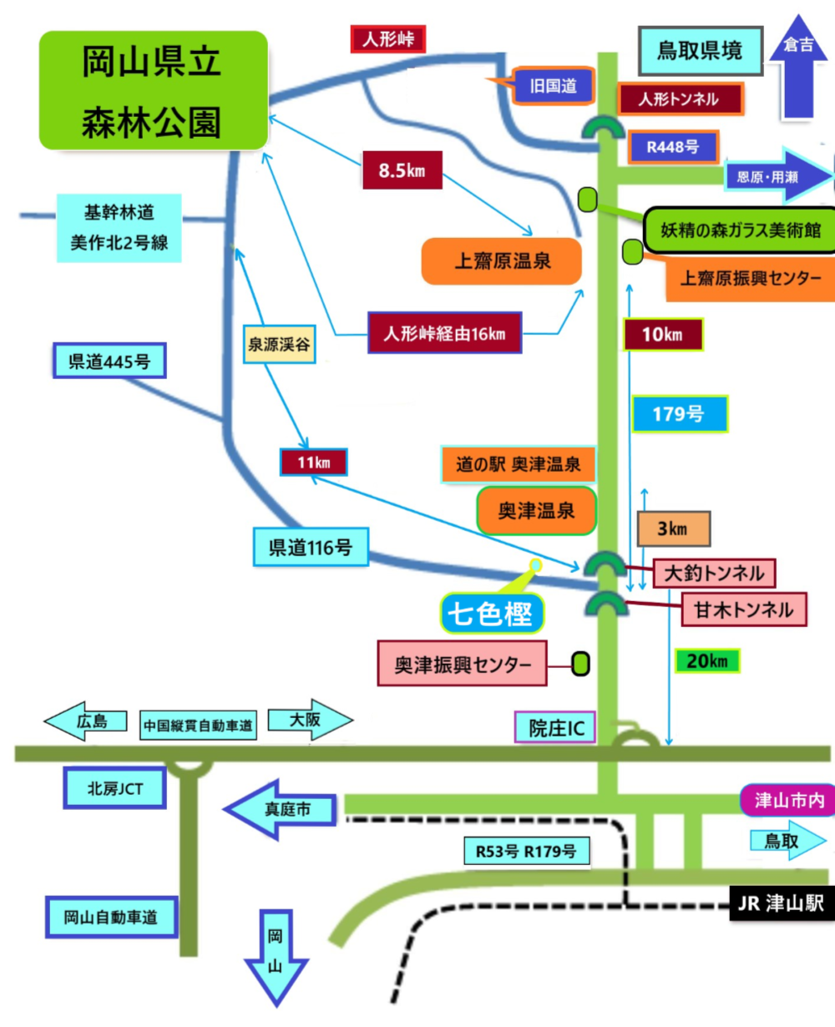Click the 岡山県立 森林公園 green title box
tap(154, 90)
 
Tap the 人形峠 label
tap(387, 38)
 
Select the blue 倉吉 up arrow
tap(798, 67)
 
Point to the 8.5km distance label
tap(402, 170)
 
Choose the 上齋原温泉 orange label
tap(502, 261)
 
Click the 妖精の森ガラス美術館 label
tap(740, 230)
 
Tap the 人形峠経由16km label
tap(444, 333)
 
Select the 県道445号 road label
tap(109, 362)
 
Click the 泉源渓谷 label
tap(279, 344)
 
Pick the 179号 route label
tap(679, 413)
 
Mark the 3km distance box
tap(673, 529)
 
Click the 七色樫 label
tap(491, 614)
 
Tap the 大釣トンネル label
tap(714, 573)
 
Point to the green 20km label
tap(706, 661)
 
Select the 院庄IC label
tap(556, 728)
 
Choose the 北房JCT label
tap(115, 788)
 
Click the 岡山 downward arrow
tap(276, 956)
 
